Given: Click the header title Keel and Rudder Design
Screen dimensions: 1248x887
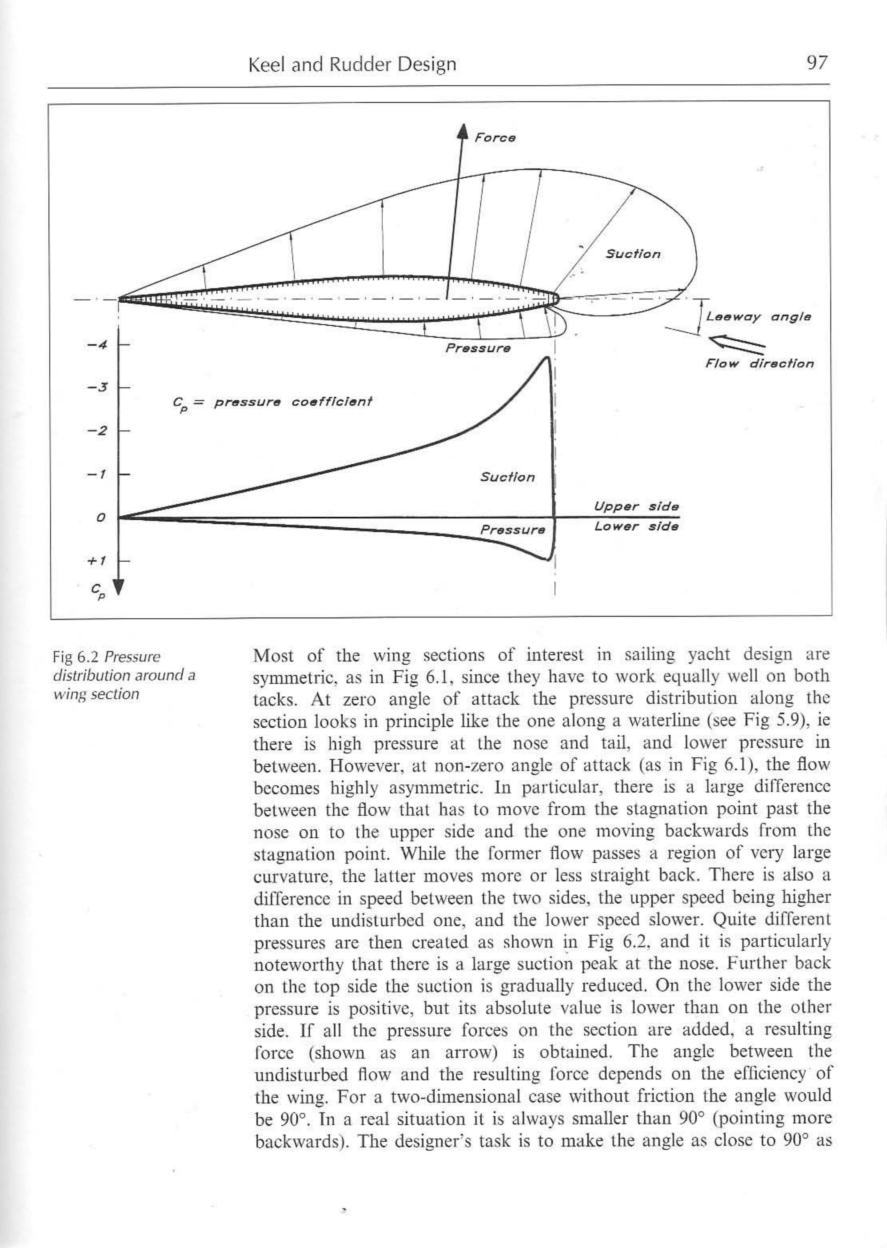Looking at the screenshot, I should coord(352,65).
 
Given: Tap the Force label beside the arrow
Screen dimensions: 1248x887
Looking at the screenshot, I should coord(494,137).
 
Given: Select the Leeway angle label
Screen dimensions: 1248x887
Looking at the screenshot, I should coord(758,317).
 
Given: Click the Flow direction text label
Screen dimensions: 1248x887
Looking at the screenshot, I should coord(759,364).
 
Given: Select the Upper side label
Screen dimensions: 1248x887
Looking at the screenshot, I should coord(636,507).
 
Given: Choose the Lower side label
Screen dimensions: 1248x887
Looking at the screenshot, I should coord(636,527).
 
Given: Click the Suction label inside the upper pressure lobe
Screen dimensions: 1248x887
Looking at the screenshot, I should coord(633,254).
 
